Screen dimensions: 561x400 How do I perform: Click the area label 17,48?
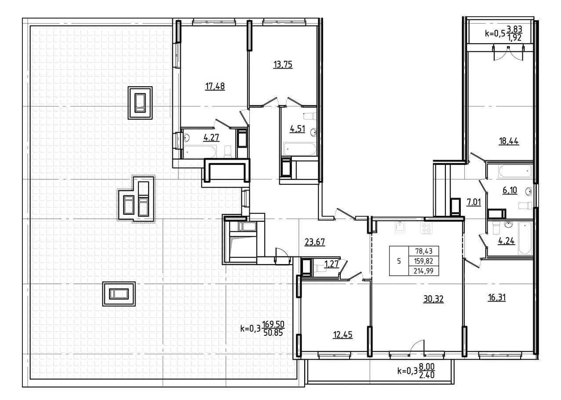coord(215,86)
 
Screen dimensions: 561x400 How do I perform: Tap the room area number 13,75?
coord(283,65)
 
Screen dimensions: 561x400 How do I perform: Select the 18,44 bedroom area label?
coord(509,141)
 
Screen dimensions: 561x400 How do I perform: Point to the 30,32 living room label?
coord(433,299)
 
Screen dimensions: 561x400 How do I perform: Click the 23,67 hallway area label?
coord(315,242)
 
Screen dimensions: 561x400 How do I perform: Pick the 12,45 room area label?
coord(342,334)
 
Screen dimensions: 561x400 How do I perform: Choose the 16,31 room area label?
coord(497,297)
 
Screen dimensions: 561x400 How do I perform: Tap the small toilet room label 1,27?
coord(331,264)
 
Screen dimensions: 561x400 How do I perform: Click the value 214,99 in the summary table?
coord(423,271)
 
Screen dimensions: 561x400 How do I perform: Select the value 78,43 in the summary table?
coord(423,251)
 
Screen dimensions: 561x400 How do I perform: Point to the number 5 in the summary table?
coord(399,261)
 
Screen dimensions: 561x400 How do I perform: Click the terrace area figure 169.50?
coord(273,324)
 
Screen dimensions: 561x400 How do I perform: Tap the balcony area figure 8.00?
coord(427,367)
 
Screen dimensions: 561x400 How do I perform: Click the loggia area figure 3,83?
coord(514,29)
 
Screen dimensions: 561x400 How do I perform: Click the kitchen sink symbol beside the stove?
coord(400,228)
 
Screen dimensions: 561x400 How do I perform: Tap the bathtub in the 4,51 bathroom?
coord(300,149)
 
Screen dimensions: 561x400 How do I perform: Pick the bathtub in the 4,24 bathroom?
coord(525,238)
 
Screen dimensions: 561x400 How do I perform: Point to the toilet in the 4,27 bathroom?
coord(228,151)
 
